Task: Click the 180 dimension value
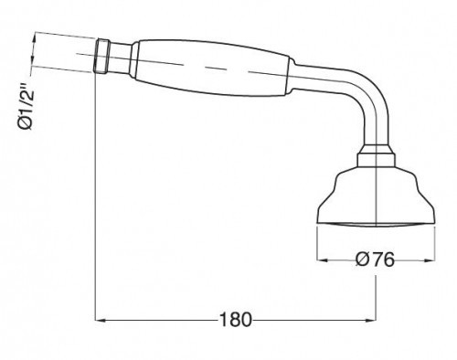point(235,320)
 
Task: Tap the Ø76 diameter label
point(375,259)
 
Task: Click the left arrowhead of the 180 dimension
point(101,320)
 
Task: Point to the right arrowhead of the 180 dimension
point(371,320)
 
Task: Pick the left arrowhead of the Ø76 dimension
point(323,259)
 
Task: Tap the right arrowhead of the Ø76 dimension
point(430,259)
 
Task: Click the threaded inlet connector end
point(102,57)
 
